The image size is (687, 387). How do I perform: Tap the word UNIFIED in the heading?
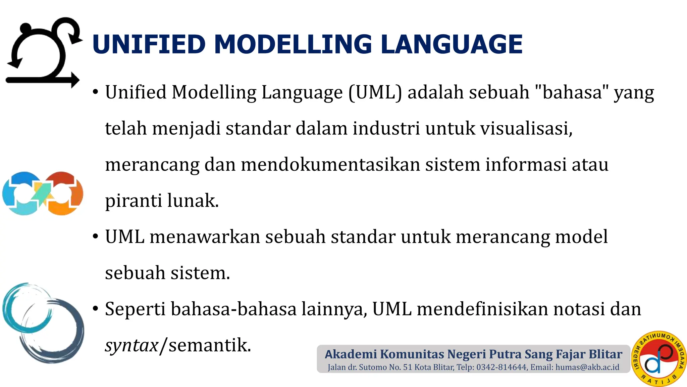[149, 44]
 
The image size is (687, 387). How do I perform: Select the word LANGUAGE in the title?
[452, 44]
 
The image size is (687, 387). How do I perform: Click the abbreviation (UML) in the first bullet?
[375, 92]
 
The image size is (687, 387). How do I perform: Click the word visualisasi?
[526, 129]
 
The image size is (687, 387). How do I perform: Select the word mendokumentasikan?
[330, 165]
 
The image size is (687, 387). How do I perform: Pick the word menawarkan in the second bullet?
[205, 237]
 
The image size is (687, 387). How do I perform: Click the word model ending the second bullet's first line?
[581, 237]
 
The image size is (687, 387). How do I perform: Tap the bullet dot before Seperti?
[96, 308]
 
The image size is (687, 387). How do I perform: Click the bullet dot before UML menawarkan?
[96, 236]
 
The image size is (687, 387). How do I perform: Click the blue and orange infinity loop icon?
[43, 194]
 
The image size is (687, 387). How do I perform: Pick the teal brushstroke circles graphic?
[43, 322]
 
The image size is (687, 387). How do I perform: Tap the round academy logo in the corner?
[658, 358]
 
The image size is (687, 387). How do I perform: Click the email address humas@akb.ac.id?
[587, 367]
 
